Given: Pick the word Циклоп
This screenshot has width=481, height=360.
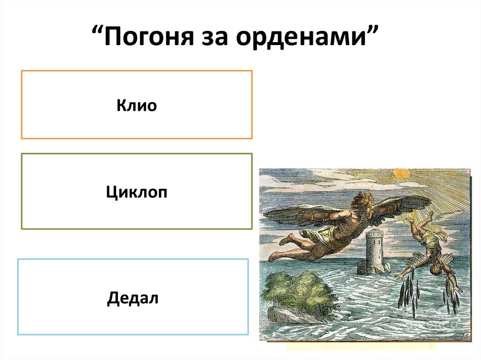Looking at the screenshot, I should [x=137, y=192].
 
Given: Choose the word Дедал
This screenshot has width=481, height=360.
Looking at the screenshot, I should [x=133, y=298].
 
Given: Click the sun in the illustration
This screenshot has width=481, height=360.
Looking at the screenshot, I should [x=402, y=174].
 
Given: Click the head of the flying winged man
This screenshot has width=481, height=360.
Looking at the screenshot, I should [x=362, y=199].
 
